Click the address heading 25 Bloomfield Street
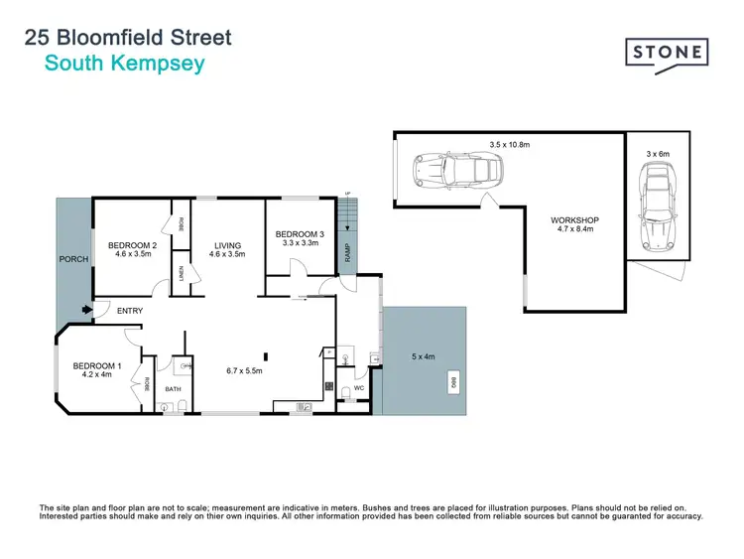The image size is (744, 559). tap(127, 38)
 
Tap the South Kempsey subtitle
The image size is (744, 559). tap(124, 63)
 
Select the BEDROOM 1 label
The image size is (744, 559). tap(97, 366)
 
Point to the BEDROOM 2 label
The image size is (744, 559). tap(132, 245)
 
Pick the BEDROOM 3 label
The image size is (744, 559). tap(300, 233)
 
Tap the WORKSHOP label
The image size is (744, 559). tap(575, 220)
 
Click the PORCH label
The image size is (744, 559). tap(73, 259)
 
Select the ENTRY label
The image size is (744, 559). tap(130, 311)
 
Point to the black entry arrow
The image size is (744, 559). tap(87, 311)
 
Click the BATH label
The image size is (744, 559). tap(173, 389)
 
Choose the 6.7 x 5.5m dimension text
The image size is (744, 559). tap(243, 370)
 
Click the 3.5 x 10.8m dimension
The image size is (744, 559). tap(510, 145)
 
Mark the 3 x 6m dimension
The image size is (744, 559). tap(659, 154)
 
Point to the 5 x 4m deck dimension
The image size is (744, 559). tap(424, 355)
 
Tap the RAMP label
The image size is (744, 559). tap(347, 255)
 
